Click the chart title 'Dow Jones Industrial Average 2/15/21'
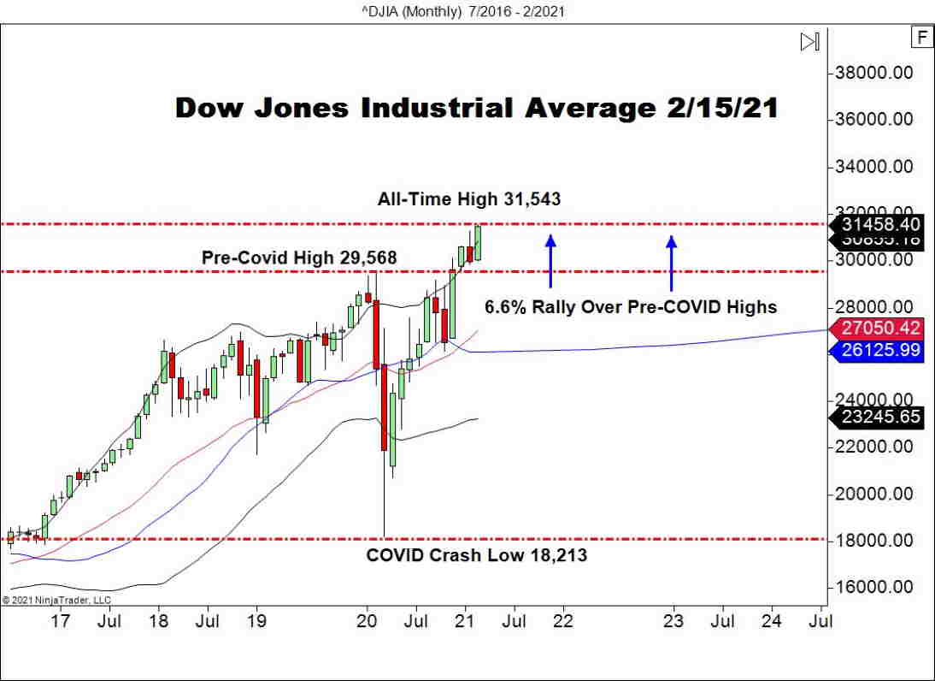coord(476,109)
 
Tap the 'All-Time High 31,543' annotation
coord(469,199)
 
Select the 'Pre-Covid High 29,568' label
coord(299,257)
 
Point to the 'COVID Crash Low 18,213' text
coord(476,555)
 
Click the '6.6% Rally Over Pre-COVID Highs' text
coord(631,306)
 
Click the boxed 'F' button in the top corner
coord(921,38)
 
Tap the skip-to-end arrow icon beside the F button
coord(809,41)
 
